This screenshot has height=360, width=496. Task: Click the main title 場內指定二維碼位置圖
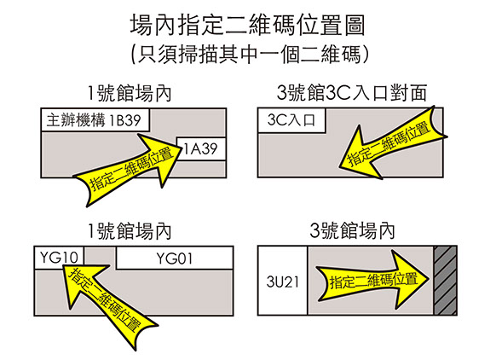pyautogui.click(x=248, y=25)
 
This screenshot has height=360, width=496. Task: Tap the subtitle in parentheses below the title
pyautogui.click(x=250, y=55)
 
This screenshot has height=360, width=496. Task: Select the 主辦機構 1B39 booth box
pyautogui.click(x=95, y=120)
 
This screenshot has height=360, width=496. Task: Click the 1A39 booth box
pyautogui.click(x=201, y=148)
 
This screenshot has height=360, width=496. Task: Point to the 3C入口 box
pyautogui.click(x=291, y=120)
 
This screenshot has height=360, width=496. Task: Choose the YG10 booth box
pyautogui.click(x=59, y=258)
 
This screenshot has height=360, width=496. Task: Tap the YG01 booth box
pyautogui.click(x=175, y=258)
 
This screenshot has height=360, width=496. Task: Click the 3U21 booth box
pyautogui.click(x=282, y=281)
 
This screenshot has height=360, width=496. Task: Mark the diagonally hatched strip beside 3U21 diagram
pyautogui.click(x=445, y=281)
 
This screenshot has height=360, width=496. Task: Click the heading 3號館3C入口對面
pyautogui.click(x=352, y=93)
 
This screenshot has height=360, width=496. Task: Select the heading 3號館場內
pyautogui.click(x=352, y=231)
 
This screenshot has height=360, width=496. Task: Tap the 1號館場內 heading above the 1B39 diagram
pyautogui.click(x=129, y=93)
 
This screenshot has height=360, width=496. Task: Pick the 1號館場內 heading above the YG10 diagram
pyautogui.click(x=129, y=231)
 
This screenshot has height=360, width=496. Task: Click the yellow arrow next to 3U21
pyautogui.click(x=372, y=280)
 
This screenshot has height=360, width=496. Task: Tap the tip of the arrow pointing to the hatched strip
pyautogui.click(x=429, y=279)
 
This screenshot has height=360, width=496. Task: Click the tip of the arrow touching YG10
pyautogui.click(x=61, y=266)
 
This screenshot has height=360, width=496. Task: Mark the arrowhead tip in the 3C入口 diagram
pyautogui.click(x=340, y=167)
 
